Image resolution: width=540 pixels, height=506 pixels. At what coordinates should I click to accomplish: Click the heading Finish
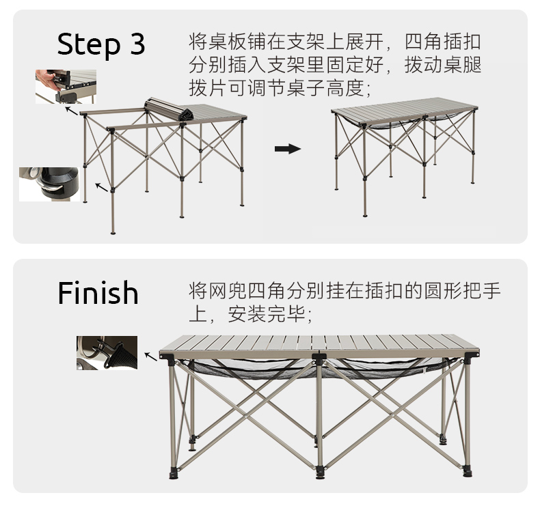tap(98, 293)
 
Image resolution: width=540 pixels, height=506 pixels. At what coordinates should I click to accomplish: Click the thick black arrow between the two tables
tap(288, 149)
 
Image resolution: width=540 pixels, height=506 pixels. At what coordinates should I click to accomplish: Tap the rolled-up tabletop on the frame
tap(168, 109)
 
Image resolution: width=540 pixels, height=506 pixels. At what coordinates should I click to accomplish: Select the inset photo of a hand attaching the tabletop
tap(66, 87)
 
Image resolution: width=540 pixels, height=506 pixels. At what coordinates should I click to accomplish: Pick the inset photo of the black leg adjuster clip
tap(50, 184)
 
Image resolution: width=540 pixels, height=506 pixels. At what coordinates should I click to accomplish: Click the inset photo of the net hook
tap(107, 353)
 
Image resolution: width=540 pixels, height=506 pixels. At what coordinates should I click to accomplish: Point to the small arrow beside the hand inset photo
tap(72, 111)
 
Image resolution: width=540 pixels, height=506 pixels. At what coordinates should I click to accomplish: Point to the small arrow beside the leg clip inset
tap(102, 188)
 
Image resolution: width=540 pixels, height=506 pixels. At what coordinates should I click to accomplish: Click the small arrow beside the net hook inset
tap(151, 356)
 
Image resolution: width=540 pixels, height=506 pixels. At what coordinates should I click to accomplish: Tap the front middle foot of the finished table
tap(320, 473)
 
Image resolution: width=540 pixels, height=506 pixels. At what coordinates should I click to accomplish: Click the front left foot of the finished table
tap(173, 473)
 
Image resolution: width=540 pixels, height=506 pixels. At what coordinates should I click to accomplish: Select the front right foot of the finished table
tap(468, 470)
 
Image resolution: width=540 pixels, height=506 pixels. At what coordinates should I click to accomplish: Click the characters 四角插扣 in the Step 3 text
tap(442, 42)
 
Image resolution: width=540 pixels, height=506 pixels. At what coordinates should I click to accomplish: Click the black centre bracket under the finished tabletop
tap(319, 358)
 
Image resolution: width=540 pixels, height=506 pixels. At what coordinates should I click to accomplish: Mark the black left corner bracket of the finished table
tap(167, 357)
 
